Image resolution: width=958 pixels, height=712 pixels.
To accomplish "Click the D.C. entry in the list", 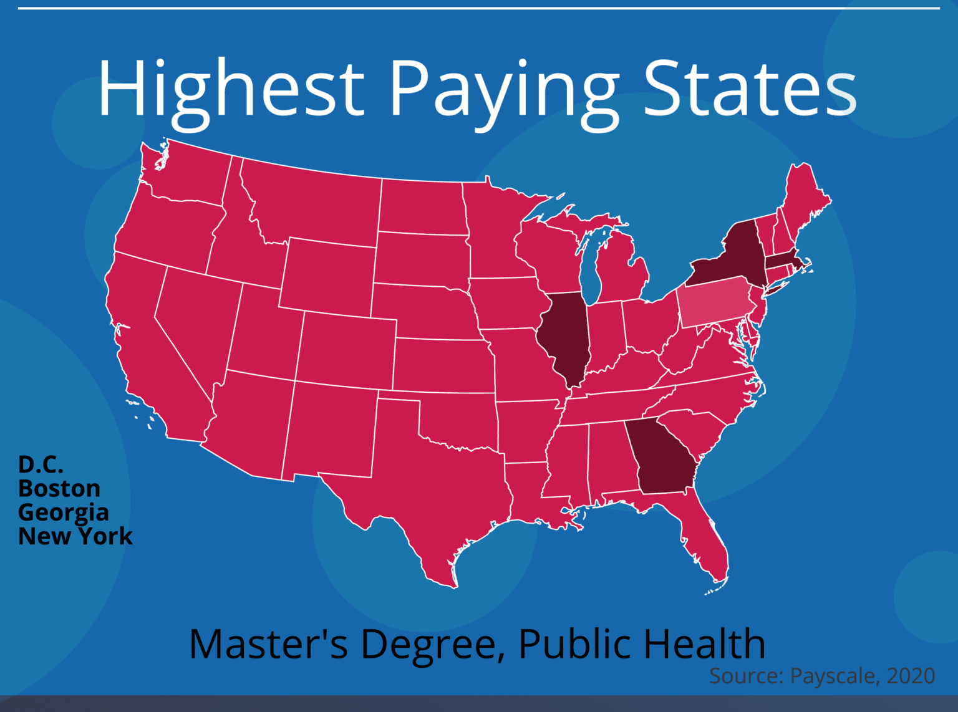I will pyautogui.click(x=41, y=464).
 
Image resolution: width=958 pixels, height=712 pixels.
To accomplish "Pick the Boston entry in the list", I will pyautogui.click(x=59, y=488).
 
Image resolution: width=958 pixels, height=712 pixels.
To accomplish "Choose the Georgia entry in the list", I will pyautogui.click(x=64, y=512).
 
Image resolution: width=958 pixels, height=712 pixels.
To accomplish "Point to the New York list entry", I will pyautogui.click(x=75, y=536).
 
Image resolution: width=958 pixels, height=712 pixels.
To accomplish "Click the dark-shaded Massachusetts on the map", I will pyautogui.click(x=782, y=260).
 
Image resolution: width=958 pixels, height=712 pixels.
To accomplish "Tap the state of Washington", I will pyautogui.click(x=187, y=175).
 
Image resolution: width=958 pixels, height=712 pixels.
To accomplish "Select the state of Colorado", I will pyautogui.click(x=346, y=349).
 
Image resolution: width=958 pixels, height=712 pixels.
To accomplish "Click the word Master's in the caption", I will pyautogui.click(x=268, y=643).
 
